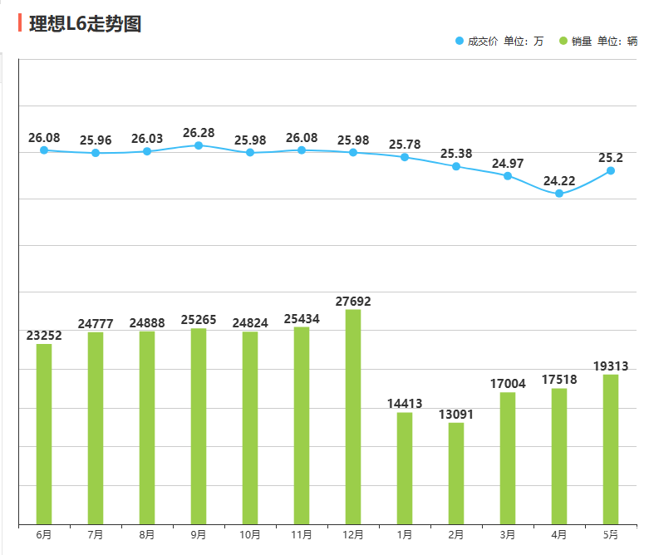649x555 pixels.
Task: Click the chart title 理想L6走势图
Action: (85, 24)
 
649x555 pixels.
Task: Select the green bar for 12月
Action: (353, 415)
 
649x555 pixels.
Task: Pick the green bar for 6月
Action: (44, 433)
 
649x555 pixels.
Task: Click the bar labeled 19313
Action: (611, 449)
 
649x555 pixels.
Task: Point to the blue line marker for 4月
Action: (559, 194)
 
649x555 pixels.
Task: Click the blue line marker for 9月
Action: (199, 145)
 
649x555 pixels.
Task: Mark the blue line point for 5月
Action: (611, 171)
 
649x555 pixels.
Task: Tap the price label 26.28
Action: (199, 133)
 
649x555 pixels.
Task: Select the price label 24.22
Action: (559, 180)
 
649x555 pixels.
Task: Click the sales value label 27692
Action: (353, 302)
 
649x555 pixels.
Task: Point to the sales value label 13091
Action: (456, 415)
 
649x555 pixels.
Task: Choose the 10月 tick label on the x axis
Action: (250, 535)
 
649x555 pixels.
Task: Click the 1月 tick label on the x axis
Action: (405, 535)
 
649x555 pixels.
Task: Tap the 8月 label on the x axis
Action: (147, 535)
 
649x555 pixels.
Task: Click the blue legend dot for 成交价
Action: (460, 42)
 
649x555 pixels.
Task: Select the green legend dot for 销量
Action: (563, 42)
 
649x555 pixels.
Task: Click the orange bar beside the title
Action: (20, 23)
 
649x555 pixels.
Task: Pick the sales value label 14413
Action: (405, 404)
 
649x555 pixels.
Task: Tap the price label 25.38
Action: (456, 154)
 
